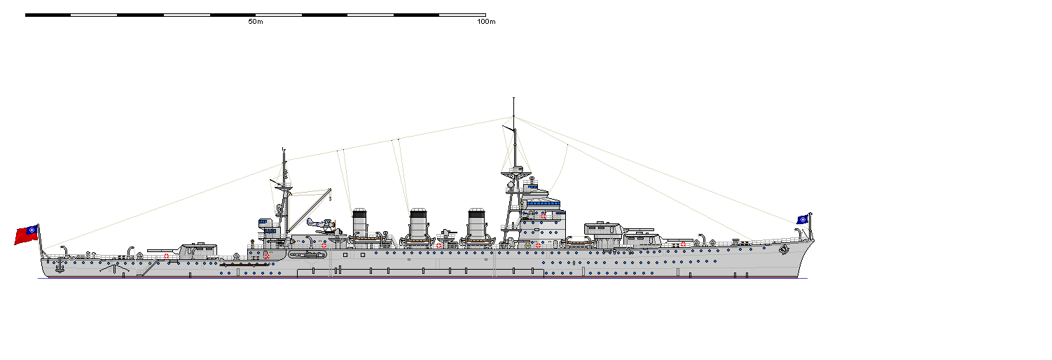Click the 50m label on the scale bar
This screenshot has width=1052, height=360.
pyautogui.click(x=255, y=22)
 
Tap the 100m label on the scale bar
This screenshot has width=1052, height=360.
pyautogui.click(x=486, y=22)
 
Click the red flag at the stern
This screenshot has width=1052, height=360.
pyautogui.click(x=27, y=235)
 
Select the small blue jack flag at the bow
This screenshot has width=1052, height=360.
pyautogui.click(x=802, y=219)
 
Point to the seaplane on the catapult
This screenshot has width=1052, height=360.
pyautogui.click(x=319, y=225)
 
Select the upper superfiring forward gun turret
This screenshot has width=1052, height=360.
pyautogui.click(x=603, y=230)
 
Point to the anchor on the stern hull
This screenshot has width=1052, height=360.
pyautogui.click(x=60, y=267)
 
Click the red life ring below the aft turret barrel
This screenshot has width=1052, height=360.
pyautogui.click(x=167, y=256)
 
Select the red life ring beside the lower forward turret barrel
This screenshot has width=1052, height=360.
pyautogui.click(x=683, y=244)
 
